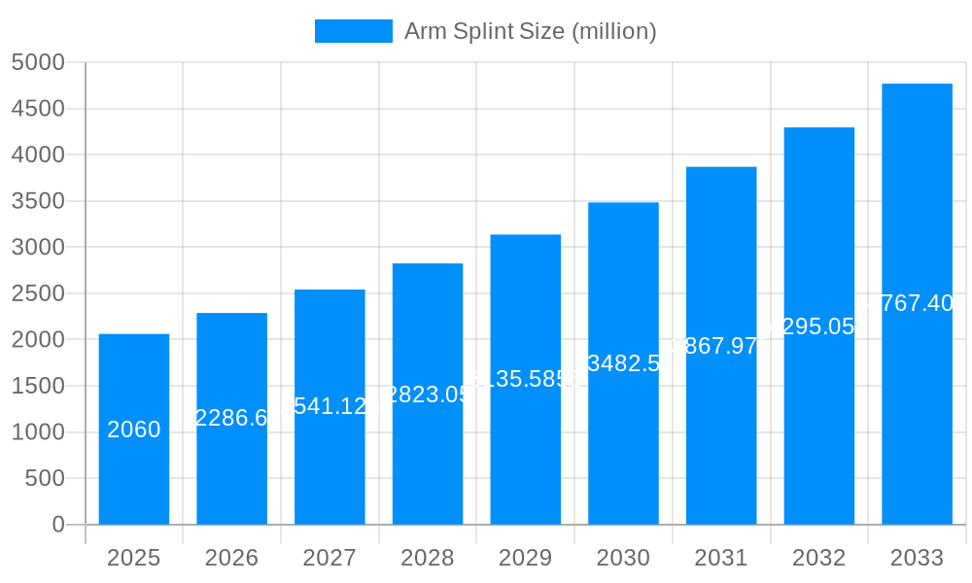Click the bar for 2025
134,466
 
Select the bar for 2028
428,457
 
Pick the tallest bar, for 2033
917,408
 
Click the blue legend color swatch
354,31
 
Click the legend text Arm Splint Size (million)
530,31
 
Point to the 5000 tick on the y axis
38,62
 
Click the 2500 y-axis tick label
38,293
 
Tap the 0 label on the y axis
57,525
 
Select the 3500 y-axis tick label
38,201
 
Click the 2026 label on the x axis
231,558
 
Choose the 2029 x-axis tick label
525,558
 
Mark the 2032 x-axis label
818,558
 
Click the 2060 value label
134,429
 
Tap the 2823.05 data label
428,394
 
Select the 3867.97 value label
721,346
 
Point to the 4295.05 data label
818,326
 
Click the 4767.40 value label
917,303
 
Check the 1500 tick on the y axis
38,386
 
